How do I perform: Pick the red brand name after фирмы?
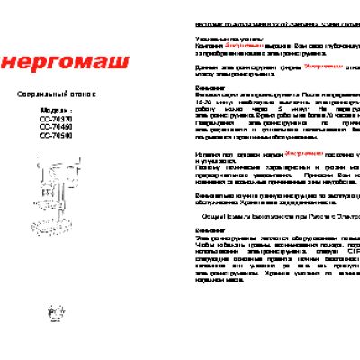pos(326,67)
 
